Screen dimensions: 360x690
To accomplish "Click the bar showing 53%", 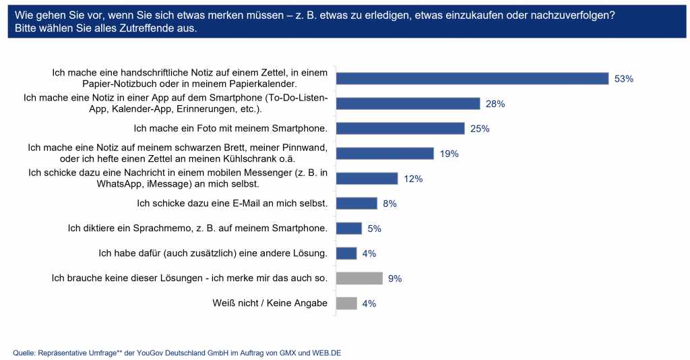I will pyautogui.click(x=472, y=78).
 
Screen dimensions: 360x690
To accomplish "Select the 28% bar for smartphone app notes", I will pyautogui.click(x=408, y=103).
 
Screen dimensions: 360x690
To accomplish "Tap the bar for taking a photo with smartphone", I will pyautogui.click(x=400, y=128).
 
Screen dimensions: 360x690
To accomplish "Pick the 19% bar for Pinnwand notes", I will pyautogui.click(x=385, y=153).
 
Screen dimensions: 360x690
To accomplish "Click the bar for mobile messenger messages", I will pyautogui.click(x=367, y=178).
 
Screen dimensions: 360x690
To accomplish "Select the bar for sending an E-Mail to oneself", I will pyautogui.click(x=356, y=203).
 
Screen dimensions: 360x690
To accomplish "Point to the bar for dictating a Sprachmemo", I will pyautogui.click(x=349, y=228).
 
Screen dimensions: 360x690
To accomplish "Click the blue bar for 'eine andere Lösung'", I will pyautogui.click(x=346, y=253).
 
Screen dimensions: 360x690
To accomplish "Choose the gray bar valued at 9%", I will pyautogui.click(x=359, y=278).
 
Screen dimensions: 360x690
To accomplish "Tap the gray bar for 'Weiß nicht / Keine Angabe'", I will pyautogui.click(x=346, y=303).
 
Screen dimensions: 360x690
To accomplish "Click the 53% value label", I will pyautogui.click(x=623, y=79).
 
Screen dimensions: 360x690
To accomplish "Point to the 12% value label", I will pyautogui.click(x=412, y=179).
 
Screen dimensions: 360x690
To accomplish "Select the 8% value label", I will pyautogui.click(x=389, y=204).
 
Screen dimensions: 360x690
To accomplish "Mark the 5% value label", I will pyautogui.click(x=374, y=229).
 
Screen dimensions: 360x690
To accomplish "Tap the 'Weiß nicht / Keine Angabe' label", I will pyautogui.click(x=270, y=303).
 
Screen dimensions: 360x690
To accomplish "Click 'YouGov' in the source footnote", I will pyautogui.click(x=146, y=353).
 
